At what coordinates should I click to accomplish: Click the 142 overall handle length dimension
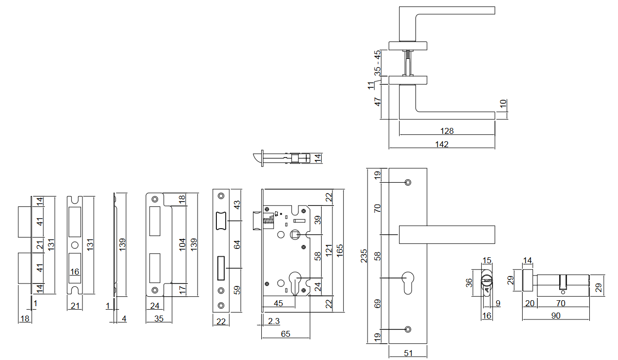441,144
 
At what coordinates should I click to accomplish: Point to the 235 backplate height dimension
365,256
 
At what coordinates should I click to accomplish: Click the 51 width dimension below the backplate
408,353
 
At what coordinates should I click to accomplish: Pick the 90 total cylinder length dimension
556,316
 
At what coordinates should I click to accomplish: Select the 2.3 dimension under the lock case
274,321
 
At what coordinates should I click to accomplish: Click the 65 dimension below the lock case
286,334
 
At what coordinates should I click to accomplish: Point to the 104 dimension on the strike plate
182,245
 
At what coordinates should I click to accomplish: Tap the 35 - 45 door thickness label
378,62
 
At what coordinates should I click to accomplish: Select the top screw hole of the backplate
408,183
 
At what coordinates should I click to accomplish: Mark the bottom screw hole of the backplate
408,329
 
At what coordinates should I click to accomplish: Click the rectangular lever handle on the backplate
447,234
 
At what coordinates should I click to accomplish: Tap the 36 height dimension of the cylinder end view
470,282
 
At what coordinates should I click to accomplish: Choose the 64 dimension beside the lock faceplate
236,245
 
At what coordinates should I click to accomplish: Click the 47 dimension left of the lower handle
378,102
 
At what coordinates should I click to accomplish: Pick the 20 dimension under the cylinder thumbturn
530,303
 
